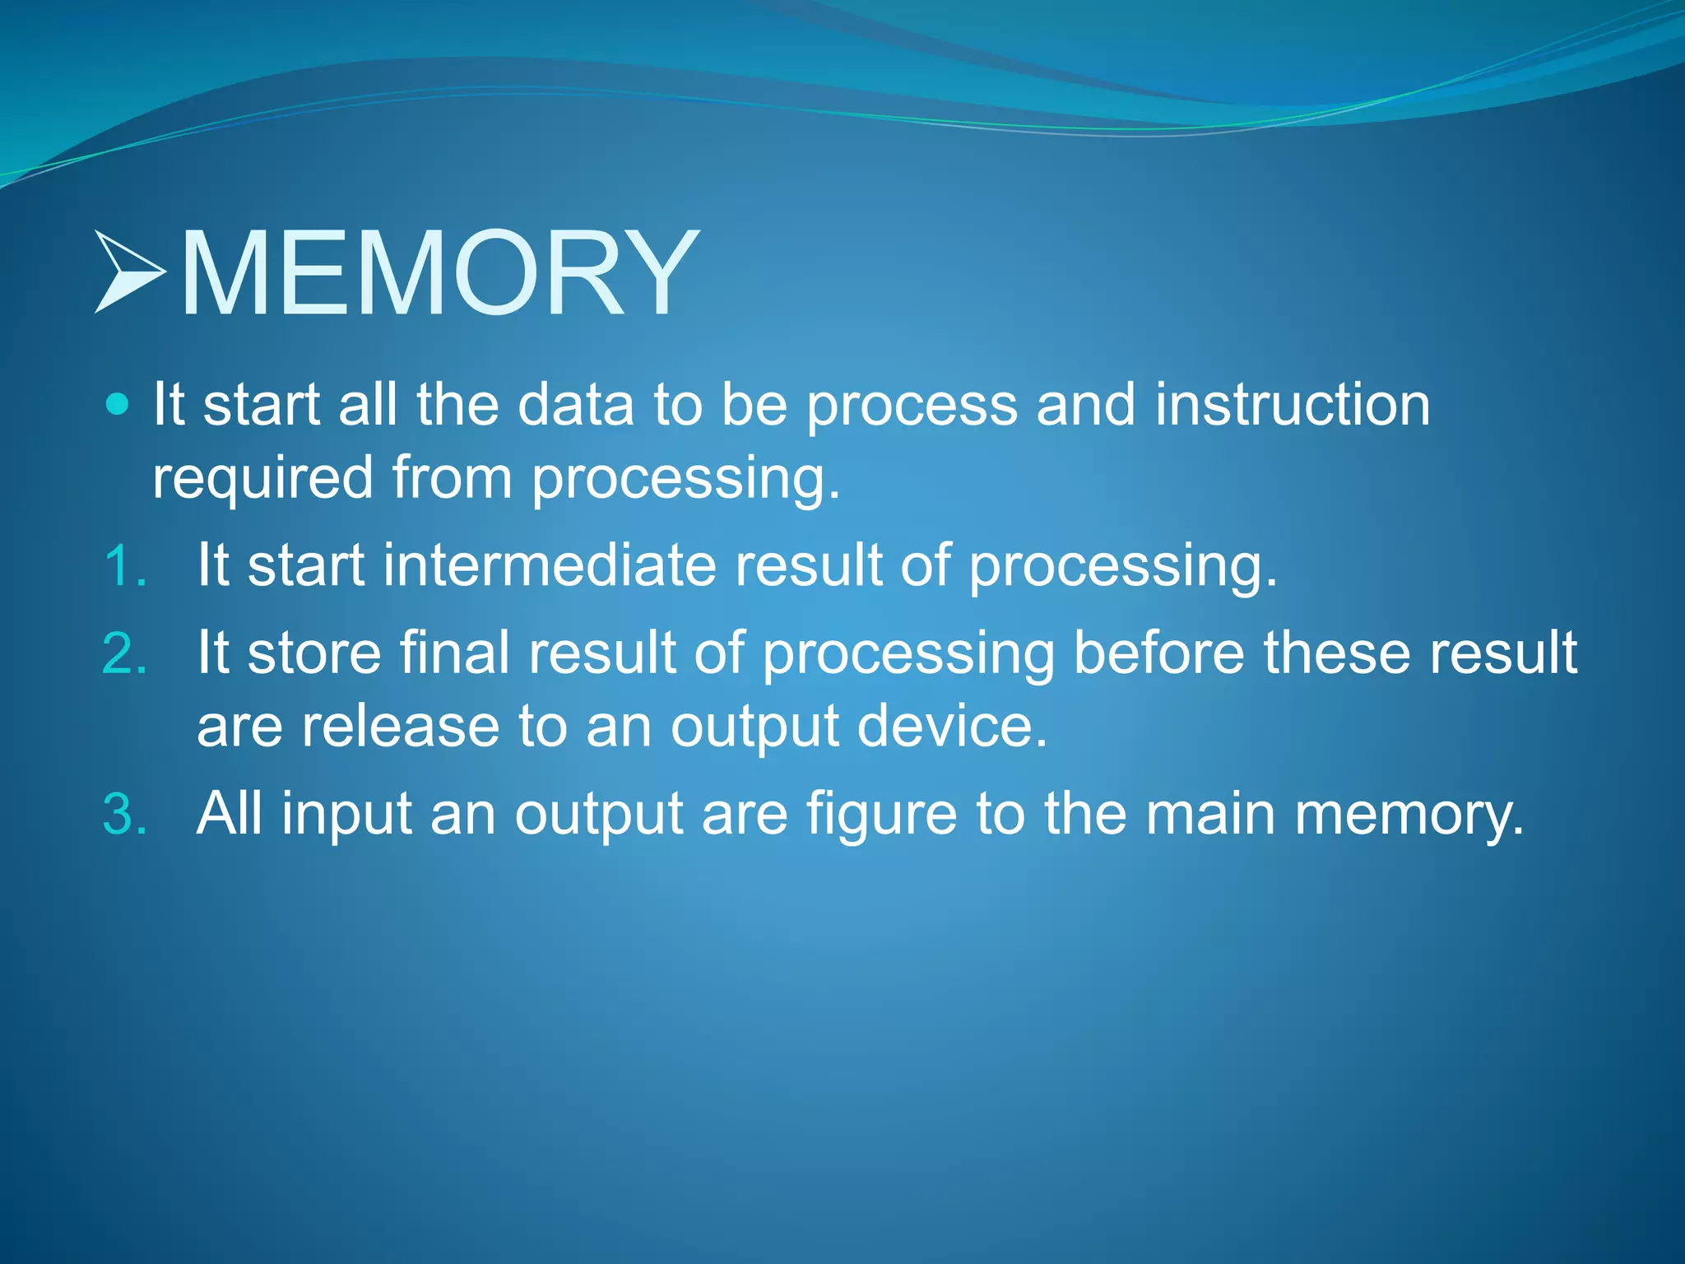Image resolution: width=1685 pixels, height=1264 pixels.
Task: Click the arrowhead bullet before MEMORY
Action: (129, 272)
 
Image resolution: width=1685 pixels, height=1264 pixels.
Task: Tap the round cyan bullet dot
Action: (118, 404)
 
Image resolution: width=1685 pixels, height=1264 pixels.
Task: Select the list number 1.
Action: (125, 567)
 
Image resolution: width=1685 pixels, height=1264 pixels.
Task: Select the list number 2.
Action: (125, 653)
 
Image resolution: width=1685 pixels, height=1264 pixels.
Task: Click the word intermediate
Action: (550, 565)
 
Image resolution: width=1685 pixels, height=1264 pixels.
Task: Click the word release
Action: (400, 726)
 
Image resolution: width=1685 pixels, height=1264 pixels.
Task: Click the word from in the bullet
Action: (452, 477)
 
